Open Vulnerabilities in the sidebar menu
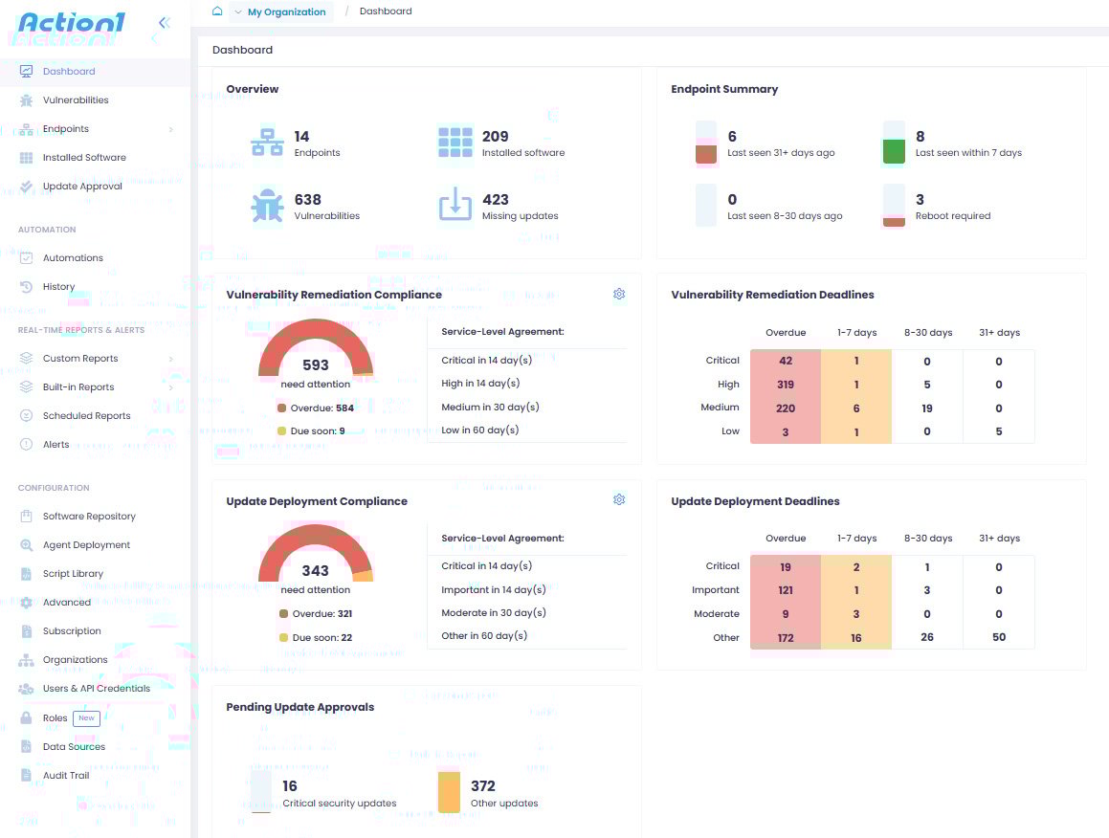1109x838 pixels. click(x=76, y=100)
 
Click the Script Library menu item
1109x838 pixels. click(x=73, y=574)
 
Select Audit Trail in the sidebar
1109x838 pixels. click(x=66, y=776)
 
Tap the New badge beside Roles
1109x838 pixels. click(x=86, y=718)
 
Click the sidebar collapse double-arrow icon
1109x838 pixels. click(x=164, y=23)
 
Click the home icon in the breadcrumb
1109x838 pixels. click(x=217, y=11)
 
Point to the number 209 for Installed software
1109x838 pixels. click(x=495, y=137)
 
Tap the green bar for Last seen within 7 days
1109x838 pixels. click(x=894, y=151)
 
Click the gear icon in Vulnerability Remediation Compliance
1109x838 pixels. click(x=619, y=295)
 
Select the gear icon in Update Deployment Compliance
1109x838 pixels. click(x=619, y=500)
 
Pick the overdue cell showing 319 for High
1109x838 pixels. click(x=786, y=385)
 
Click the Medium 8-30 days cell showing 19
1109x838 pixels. click(x=926, y=408)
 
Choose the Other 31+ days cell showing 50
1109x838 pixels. click(x=999, y=637)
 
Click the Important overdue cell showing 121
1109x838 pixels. click(x=786, y=590)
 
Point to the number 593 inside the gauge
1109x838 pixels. click(x=316, y=364)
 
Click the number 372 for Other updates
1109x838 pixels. click(x=483, y=786)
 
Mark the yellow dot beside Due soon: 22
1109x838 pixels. click(x=282, y=638)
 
